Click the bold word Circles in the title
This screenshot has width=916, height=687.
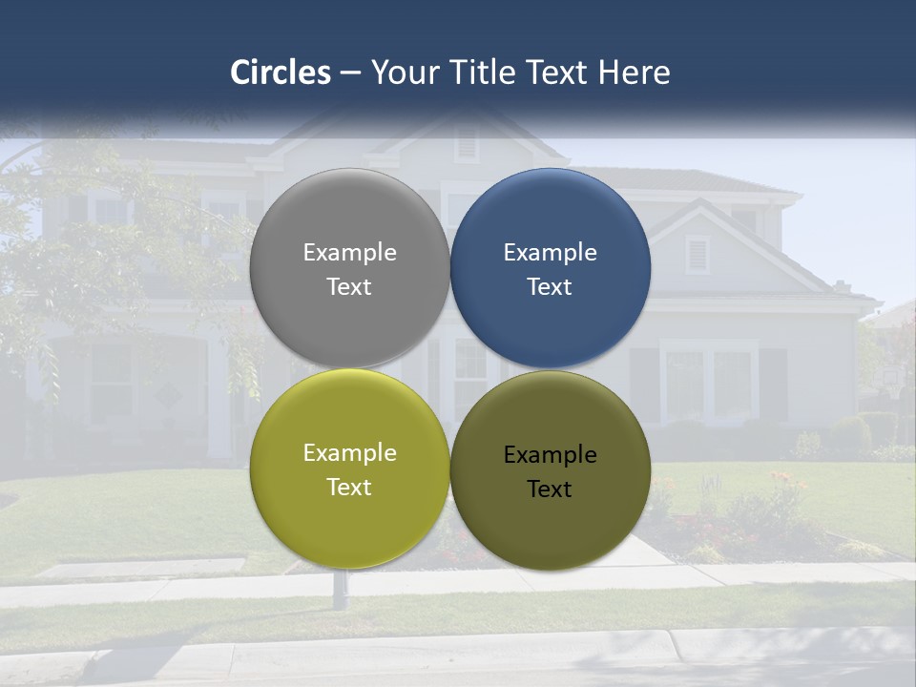pyautogui.click(x=281, y=73)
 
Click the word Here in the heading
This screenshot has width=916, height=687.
pyautogui.click(x=634, y=73)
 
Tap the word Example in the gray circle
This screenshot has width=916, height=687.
pyautogui.click(x=349, y=253)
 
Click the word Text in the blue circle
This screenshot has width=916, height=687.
pyautogui.click(x=550, y=287)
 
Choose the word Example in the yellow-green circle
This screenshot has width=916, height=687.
pyautogui.click(x=349, y=453)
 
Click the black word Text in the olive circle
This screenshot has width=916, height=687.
pyautogui.click(x=550, y=489)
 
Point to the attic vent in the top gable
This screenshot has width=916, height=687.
pyautogui.click(x=467, y=144)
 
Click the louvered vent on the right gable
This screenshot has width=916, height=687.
pyautogui.click(x=697, y=254)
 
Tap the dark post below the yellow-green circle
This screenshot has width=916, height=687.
pyautogui.click(x=339, y=591)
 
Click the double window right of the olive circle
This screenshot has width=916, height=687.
pyautogui.click(x=708, y=382)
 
